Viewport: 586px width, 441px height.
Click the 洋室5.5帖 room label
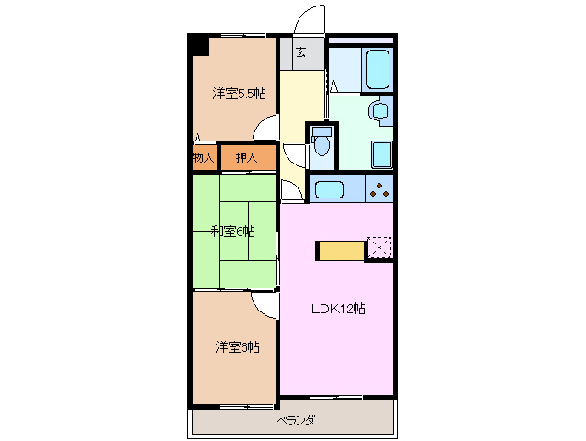click(x=240, y=93)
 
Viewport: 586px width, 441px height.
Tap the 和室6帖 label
click(x=231, y=231)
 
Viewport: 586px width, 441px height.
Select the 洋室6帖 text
click(x=237, y=346)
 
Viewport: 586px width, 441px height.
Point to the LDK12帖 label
click(x=338, y=309)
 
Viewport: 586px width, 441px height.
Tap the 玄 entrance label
click(x=301, y=51)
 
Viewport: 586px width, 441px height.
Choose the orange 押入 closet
click(x=246, y=158)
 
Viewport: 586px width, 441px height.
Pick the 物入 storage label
click(x=203, y=158)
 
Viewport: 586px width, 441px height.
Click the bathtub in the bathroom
click(x=378, y=69)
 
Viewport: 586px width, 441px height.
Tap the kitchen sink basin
click(x=328, y=190)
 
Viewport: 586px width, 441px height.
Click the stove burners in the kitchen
click(x=379, y=190)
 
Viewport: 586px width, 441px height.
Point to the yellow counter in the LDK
click(x=340, y=250)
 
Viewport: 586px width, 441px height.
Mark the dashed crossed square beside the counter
click(x=379, y=248)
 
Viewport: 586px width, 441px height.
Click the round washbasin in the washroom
click(x=378, y=111)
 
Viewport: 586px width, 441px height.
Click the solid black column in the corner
click(x=197, y=45)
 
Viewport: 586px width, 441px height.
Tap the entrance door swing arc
click(x=310, y=20)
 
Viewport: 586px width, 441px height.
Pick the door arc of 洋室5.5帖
click(x=267, y=129)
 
